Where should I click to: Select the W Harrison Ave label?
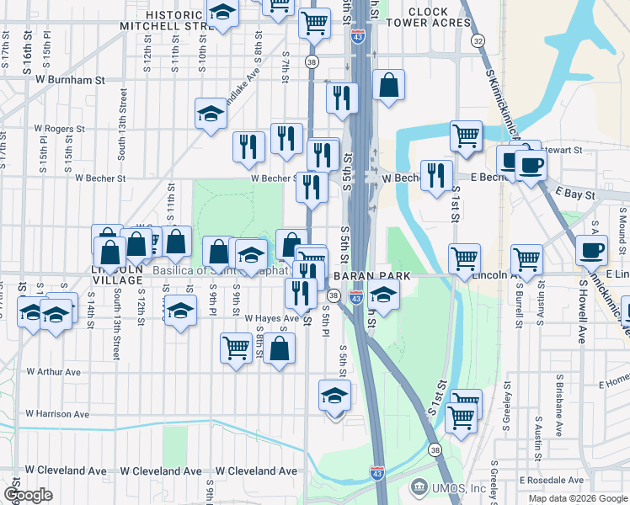57,414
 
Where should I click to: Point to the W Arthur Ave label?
53,371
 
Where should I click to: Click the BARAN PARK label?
371,276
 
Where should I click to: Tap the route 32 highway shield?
478,40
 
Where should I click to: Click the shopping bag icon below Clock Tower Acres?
388,86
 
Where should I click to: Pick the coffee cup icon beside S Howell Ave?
590,250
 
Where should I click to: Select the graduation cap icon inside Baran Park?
383,296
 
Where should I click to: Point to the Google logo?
28,494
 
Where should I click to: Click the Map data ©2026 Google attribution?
578,498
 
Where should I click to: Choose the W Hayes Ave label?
272,319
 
